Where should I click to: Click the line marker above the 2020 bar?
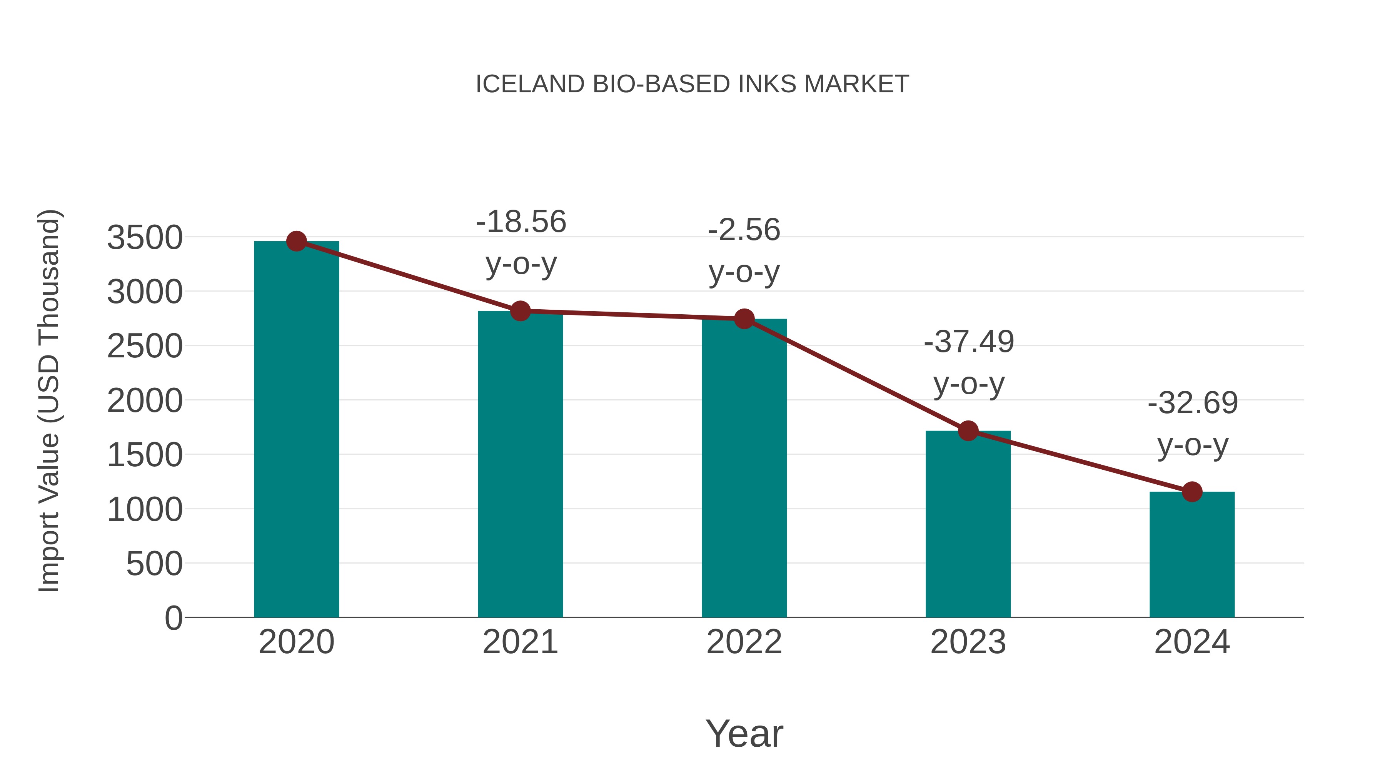coord(296,241)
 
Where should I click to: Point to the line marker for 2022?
coord(744,319)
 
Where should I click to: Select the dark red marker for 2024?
coord(1192,491)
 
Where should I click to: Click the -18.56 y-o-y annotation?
coord(521,243)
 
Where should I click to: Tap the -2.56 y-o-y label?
coord(744,251)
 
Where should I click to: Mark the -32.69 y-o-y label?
coord(1193,424)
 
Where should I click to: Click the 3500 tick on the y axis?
coord(145,238)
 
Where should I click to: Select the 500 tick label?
coord(154,564)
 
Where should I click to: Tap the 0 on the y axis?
coord(174,618)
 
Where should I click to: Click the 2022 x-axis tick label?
coord(744,642)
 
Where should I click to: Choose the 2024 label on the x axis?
coord(1192,642)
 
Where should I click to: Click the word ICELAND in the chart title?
coord(530,84)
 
